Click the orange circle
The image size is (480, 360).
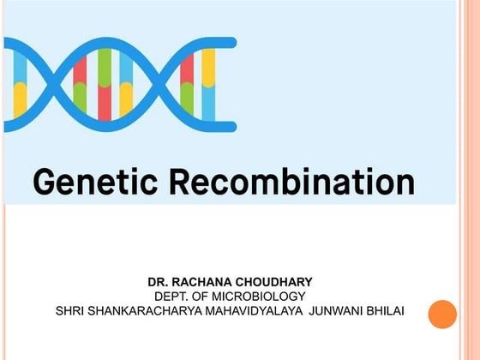click(442, 314)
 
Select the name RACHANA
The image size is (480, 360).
click(206, 281)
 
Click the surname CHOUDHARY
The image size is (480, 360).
click(283, 281)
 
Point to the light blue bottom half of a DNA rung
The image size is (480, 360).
click(208, 103)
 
